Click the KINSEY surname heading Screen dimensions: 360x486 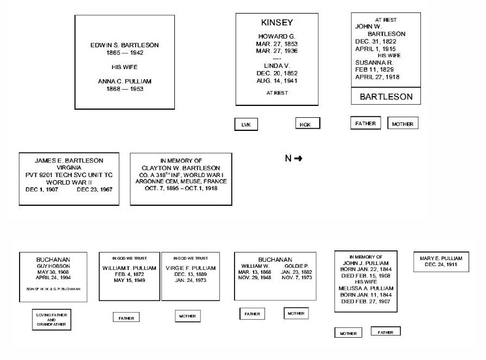tap(276, 23)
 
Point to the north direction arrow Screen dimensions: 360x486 tap(298, 159)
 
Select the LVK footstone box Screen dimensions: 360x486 tap(245, 125)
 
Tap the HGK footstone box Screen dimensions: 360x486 tap(307, 124)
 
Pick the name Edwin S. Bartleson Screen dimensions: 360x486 tap(124, 45)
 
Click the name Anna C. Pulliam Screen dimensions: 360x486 tap(124, 81)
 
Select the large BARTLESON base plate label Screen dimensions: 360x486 tap(386, 97)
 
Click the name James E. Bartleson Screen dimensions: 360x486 tap(69, 161)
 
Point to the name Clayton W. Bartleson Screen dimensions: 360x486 tap(181, 168)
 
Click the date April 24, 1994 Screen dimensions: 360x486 tap(53, 277)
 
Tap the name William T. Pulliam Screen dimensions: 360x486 tap(129, 268)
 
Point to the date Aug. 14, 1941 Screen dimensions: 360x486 tap(276, 80)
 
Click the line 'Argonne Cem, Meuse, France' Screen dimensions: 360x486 tap(181, 181)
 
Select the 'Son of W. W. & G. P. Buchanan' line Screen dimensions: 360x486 tap(53, 289)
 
